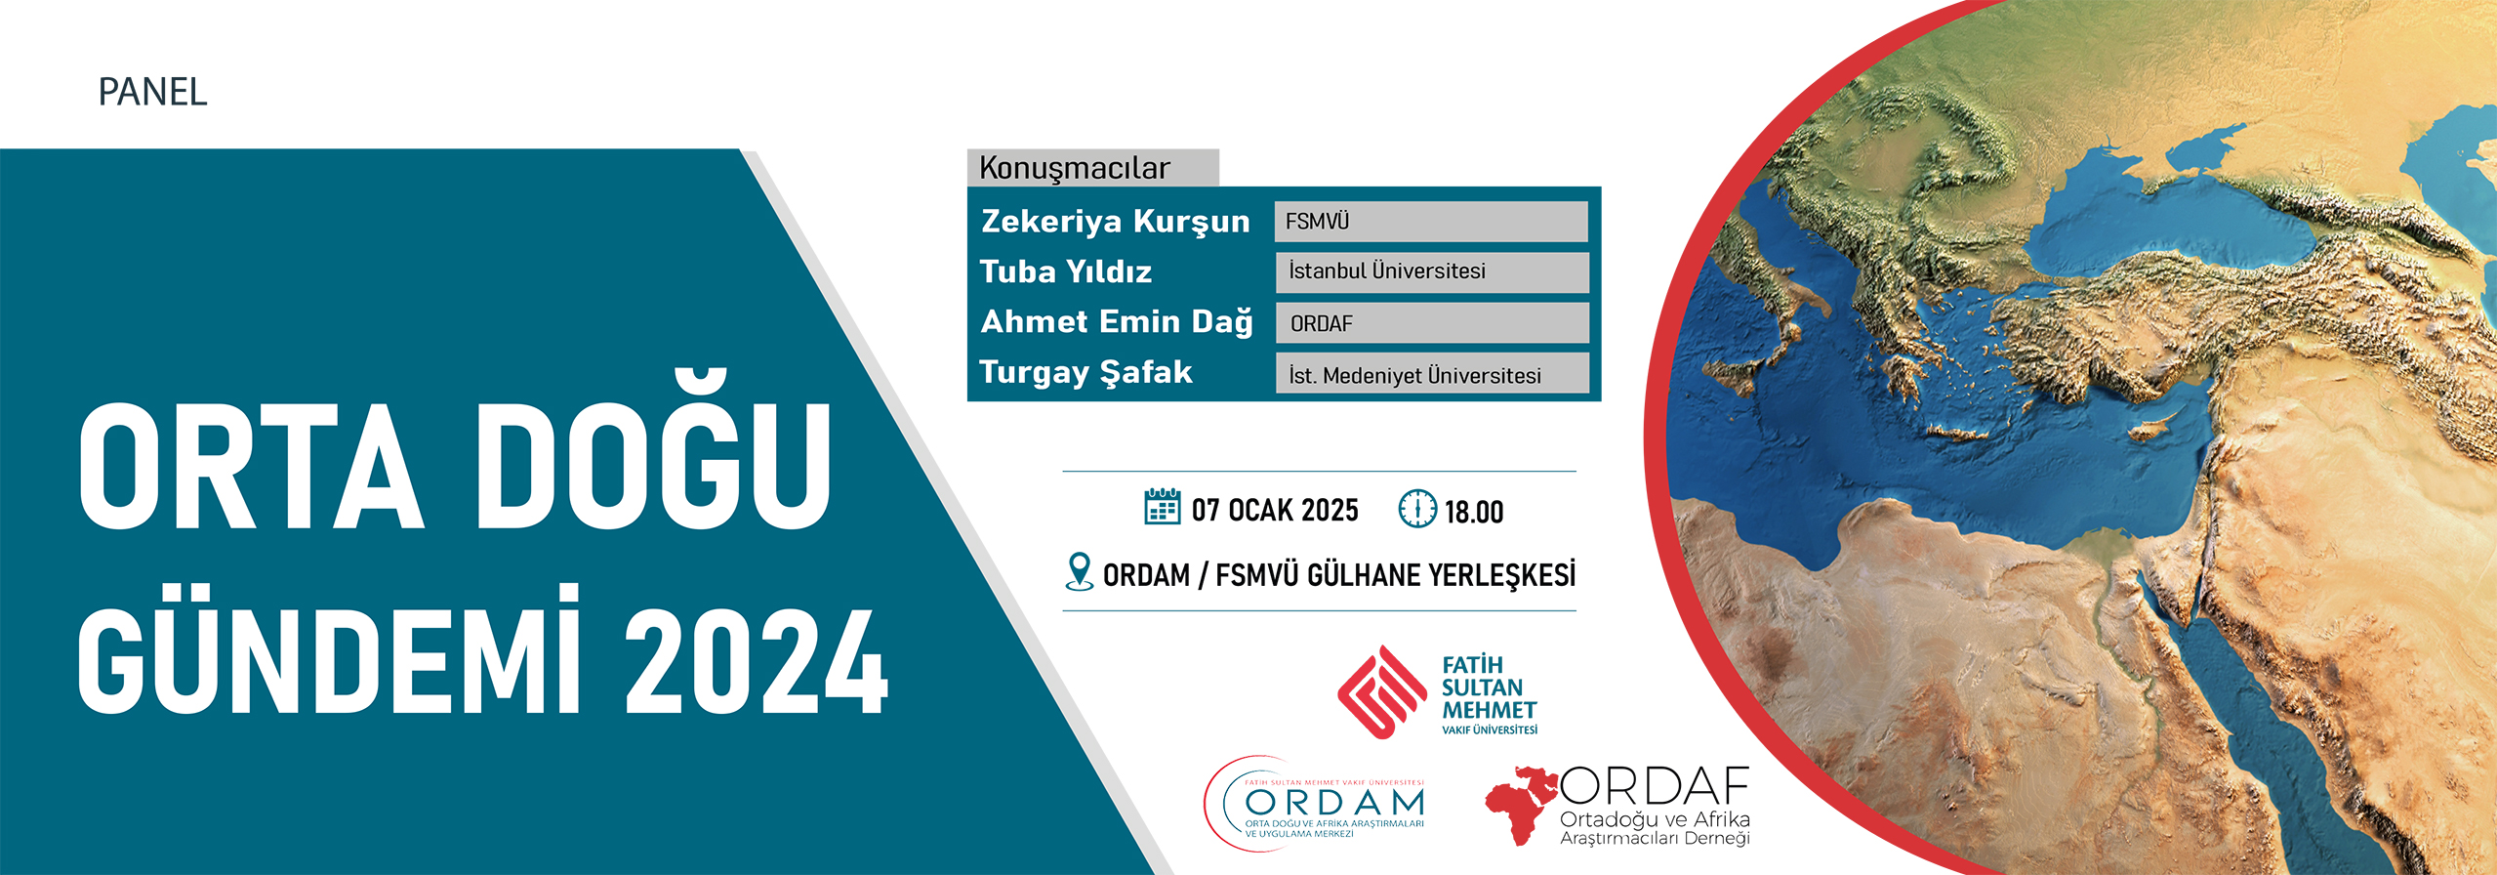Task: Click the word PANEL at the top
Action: point(152,92)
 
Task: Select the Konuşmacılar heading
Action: point(1074,168)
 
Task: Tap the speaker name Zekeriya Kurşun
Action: point(1116,222)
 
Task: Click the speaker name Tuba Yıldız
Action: point(1066,271)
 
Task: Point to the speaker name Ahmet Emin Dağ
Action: point(1117,322)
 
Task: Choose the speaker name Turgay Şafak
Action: point(1085,372)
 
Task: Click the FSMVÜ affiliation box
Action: point(1431,222)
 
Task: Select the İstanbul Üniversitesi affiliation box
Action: point(1432,271)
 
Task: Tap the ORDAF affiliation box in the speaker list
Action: point(1432,323)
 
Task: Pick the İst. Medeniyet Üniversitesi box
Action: point(1432,374)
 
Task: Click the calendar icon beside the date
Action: point(1162,507)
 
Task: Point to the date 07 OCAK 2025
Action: point(1275,510)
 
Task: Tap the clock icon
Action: point(1417,508)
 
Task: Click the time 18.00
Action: point(1474,512)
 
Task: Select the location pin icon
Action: point(1079,572)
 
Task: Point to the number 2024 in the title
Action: point(757,662)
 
